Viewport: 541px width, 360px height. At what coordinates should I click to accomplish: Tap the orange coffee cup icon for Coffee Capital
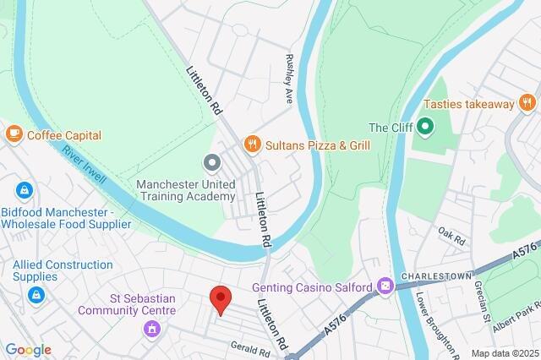(x=14, y=134)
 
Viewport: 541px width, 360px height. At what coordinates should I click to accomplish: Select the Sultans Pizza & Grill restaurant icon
(x=250, y=145)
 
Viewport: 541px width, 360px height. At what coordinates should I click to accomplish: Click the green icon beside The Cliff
(x=425, y=128)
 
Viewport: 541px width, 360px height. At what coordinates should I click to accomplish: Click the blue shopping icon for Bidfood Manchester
(x=24, y=190)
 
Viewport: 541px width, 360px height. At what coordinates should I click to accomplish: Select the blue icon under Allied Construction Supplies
(x=36, y=295)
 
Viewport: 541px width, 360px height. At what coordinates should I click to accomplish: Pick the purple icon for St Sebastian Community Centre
(x=152, y=327)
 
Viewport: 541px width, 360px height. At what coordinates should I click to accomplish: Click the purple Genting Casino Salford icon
(x=385, y=287)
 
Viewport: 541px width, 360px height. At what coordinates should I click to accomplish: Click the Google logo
(x=28, y=350)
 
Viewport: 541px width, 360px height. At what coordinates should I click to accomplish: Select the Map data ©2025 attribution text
(x=504, y=353)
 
